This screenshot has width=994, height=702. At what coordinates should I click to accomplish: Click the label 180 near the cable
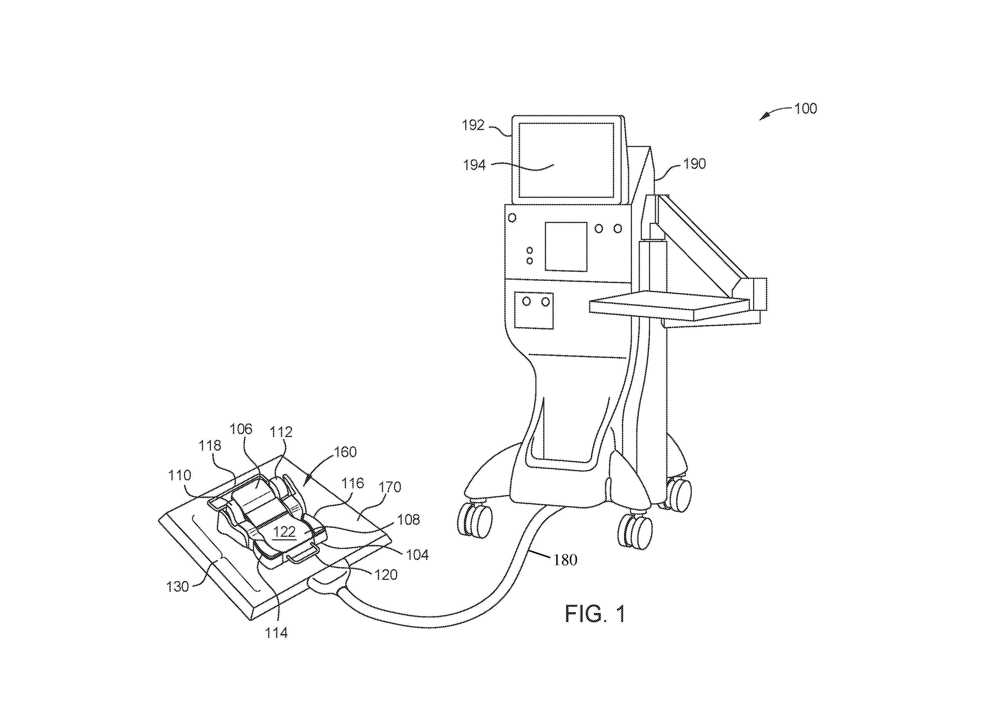pos(565,560)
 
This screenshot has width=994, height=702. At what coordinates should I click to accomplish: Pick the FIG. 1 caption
pos(595,614)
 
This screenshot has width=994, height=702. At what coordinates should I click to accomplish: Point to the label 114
pos(276,633)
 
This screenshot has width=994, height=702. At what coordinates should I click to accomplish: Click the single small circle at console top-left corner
pos(512,218)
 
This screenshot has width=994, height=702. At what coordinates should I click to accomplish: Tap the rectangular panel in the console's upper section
pos(566,247)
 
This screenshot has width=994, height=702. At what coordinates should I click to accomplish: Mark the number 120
pos(385,575)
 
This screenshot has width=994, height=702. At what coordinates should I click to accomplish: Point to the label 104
pos(417,555)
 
